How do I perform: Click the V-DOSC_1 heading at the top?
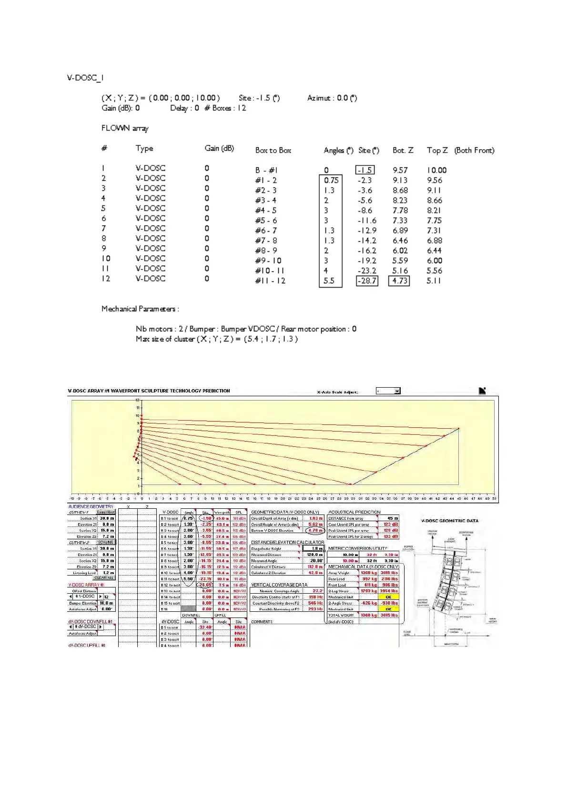coord(85,78)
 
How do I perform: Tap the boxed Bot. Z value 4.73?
coord(400,281)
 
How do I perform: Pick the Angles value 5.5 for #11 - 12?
coord(329,281)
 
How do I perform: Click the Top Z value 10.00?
coord(436,170)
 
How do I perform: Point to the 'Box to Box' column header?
coord(273,150)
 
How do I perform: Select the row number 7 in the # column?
coord(104,228)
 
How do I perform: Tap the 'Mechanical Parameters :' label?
coord(140,309)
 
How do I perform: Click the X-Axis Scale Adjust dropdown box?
coord(388,391)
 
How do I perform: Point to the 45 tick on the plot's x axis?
coord(459,499)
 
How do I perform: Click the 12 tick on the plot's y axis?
coord(138,400)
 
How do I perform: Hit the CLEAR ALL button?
coord(104,578)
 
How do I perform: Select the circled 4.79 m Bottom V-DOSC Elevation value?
coord(315,530)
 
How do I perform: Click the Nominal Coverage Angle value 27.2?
coord(317,591)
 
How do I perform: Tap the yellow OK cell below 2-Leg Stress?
coord(388,597)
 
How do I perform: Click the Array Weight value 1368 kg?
coord(368,573)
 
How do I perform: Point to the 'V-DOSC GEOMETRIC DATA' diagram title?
coord(449,521)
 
